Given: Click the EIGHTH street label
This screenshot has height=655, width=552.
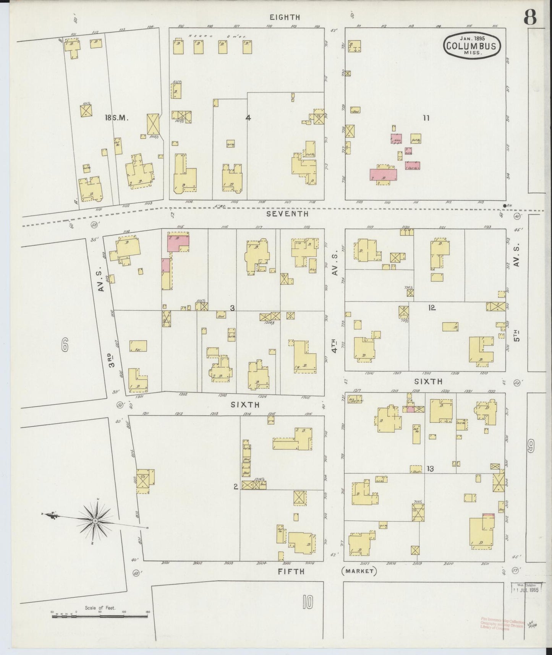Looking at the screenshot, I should [285, 17].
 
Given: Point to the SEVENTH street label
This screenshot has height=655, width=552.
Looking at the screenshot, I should [287, 214].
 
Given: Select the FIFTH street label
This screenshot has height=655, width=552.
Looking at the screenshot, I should [291, 571].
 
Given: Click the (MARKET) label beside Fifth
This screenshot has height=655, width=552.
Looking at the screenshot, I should [359, 571].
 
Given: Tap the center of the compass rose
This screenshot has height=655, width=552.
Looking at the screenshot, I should [94, 520].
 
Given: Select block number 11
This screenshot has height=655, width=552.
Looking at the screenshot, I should [426, 118].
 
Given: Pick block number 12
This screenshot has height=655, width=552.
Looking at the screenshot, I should [432, 307].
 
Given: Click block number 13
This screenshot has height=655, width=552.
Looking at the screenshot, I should [430, 469].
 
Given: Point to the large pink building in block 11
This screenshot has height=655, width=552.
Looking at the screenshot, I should [383, 175].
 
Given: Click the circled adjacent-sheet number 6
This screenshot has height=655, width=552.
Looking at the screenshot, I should [64, 346].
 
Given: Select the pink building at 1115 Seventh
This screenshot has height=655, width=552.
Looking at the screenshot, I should [178, 243].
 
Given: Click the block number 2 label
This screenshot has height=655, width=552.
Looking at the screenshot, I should [236, 486].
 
